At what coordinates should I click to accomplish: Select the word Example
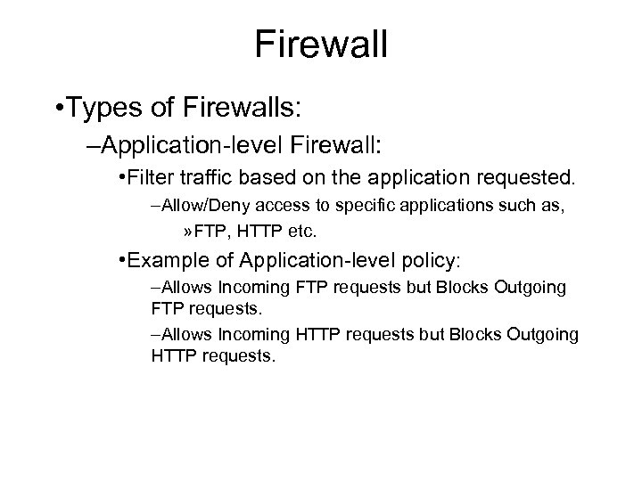tap(165, 261)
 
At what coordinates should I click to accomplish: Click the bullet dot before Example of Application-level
tap(121, 261)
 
